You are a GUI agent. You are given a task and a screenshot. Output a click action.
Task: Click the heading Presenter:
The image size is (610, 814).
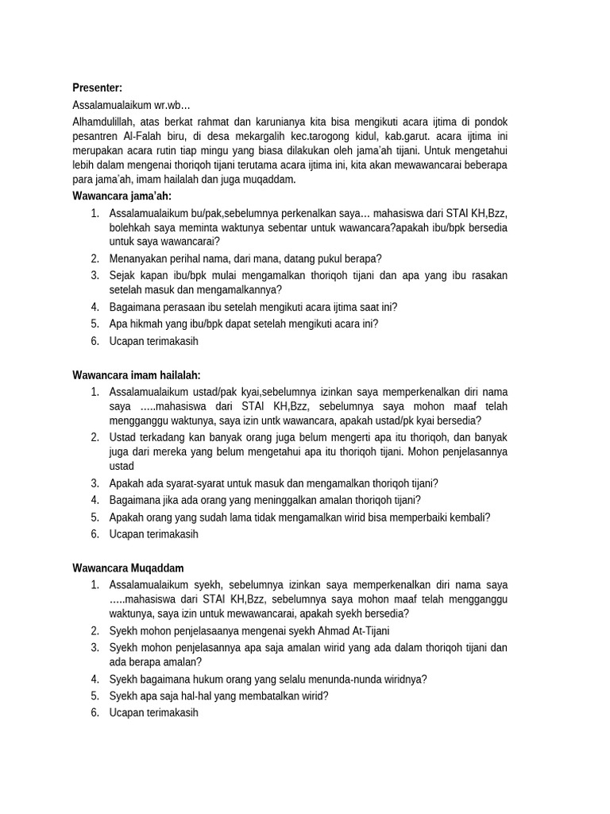[x=97, y=87]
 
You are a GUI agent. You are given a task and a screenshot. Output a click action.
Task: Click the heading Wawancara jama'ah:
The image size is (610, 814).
[x=122, y=196]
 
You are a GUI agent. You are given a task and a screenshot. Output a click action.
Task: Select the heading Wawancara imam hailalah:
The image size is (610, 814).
[x=136, y=374]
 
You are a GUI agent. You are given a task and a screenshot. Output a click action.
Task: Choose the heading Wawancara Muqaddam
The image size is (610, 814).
[x=128, y=568]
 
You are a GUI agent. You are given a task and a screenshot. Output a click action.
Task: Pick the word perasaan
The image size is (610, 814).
[x=184, y=307]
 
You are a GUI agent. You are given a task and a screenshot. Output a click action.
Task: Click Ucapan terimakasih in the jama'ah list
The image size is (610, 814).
[x=153, y=341]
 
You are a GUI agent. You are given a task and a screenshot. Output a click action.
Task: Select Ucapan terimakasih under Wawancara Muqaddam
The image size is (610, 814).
[x=153, y=712]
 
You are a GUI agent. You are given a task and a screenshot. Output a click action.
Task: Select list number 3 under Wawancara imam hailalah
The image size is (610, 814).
[x=94, y=483]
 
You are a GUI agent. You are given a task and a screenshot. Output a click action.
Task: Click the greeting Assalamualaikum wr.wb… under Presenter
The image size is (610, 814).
[x=131, y=104]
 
